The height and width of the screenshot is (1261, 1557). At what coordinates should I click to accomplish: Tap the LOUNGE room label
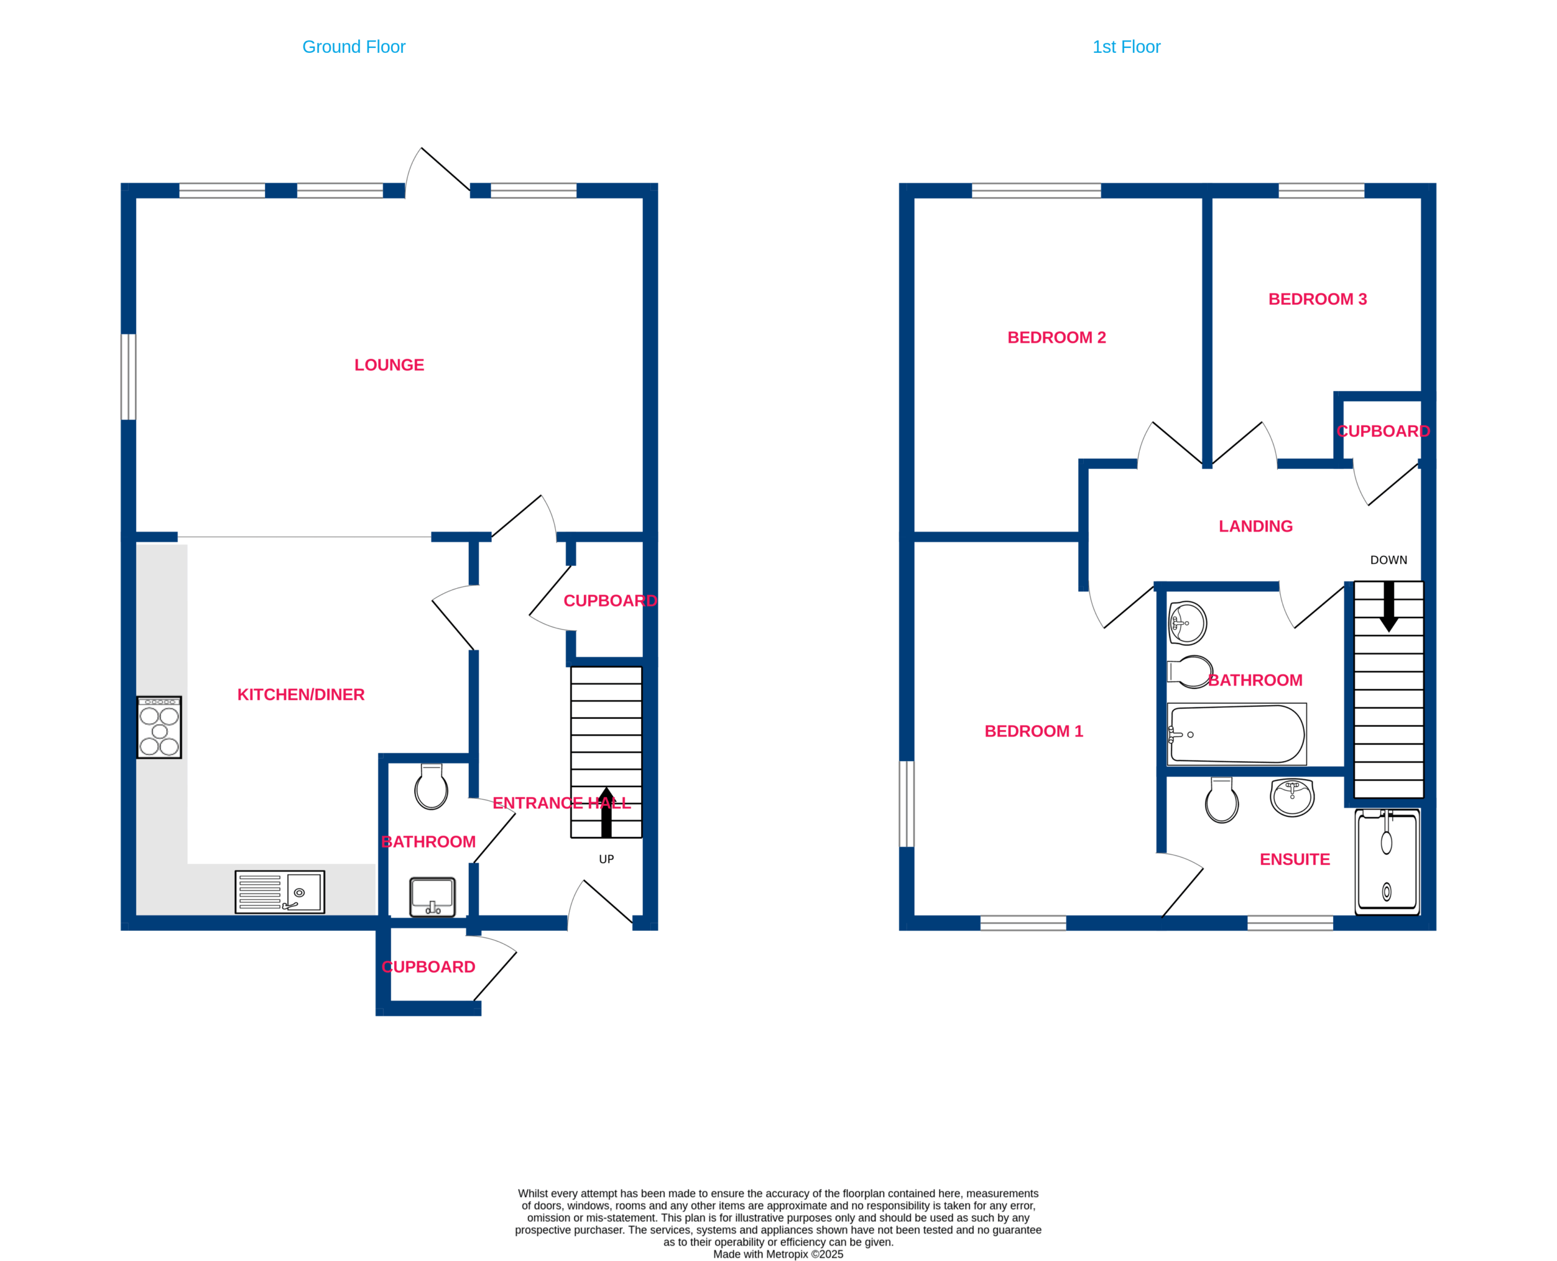[389, 364]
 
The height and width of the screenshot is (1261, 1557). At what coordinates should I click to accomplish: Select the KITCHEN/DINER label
[300, 695]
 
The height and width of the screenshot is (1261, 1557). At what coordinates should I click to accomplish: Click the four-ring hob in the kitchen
[159, 727]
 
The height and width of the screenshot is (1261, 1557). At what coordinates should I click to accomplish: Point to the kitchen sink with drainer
[280, 892]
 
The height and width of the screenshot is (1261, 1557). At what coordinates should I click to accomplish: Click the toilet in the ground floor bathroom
[431, 786]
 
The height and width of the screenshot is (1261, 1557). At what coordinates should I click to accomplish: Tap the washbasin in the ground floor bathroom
[433, 897]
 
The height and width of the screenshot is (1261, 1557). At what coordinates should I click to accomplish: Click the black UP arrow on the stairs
[606, 812]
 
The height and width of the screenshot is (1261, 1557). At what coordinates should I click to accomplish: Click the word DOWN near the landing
[1389, 560]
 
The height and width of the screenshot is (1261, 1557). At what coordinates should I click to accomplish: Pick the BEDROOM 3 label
[1317, 299]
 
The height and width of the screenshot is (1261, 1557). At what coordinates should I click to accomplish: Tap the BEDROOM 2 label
[1056, 338]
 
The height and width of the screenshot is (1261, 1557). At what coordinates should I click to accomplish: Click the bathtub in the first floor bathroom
[1236, 734]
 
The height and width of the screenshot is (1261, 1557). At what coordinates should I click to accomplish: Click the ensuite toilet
[1222, 801]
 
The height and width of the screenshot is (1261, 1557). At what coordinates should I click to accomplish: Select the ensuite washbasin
[1292, 797]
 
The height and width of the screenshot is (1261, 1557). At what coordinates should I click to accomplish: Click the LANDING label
[1255, 527]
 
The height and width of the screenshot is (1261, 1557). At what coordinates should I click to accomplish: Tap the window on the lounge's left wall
[128, 377]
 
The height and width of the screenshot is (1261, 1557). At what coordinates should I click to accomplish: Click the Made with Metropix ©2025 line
[778, 1254]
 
